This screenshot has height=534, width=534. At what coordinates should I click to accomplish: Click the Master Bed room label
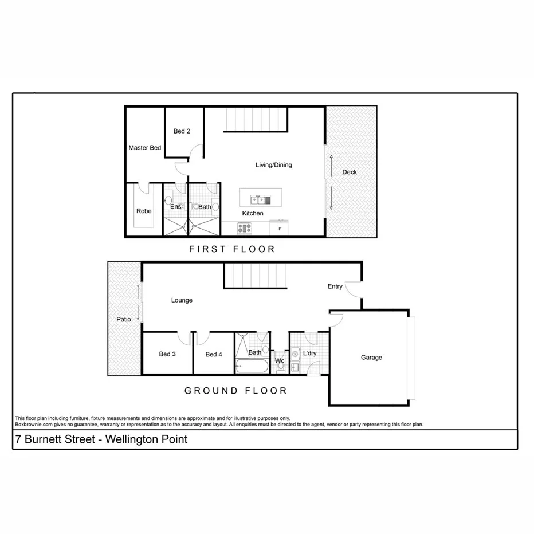pos(144,148)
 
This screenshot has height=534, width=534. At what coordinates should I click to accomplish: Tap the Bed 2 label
pos(182,131)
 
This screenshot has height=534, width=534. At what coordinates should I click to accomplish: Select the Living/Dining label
pos(273,165)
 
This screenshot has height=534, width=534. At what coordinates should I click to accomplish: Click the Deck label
pos(350,172)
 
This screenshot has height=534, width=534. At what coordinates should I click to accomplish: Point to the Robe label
pos(144,211)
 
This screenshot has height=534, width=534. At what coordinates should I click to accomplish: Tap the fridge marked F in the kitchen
pos(280,229)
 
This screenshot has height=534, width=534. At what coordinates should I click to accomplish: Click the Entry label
pos(335,286)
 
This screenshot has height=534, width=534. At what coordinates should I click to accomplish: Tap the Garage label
pos(371,358)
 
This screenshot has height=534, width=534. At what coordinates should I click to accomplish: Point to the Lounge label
pos(182,300)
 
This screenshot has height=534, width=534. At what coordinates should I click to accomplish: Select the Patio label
pos(123,319)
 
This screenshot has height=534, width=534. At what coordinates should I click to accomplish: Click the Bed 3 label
pos(167,354)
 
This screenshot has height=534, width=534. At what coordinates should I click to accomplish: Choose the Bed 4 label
pos(214,354)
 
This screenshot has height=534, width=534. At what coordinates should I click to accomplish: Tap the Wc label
pos(280,361)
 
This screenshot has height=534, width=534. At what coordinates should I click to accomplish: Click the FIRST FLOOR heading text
pos(232,249)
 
